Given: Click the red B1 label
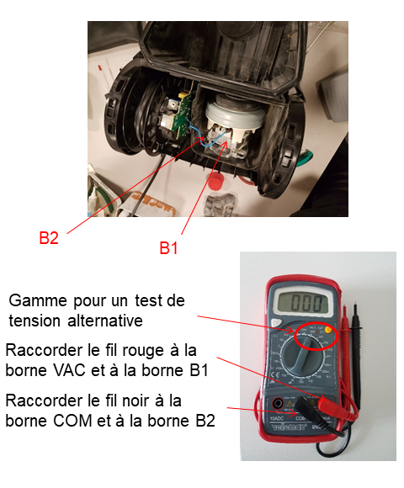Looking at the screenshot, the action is [x=168, y=248].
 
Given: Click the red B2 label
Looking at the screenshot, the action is [x=49, y=238].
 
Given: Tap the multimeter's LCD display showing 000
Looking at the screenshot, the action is [x=306, y=303].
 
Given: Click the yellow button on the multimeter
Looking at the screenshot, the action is [x=328, y=330].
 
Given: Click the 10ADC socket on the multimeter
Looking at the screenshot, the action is [x=277, y=405].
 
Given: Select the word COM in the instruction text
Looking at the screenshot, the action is [x=72, y=421].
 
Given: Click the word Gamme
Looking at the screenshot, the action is [x=38, y=301].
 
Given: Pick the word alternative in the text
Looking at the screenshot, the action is [x=105, y=321].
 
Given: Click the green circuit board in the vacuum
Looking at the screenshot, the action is [x=182, y=115].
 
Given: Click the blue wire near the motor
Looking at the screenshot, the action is [x=209, y=140].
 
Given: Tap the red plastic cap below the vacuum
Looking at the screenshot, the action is [x=215, y=183].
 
